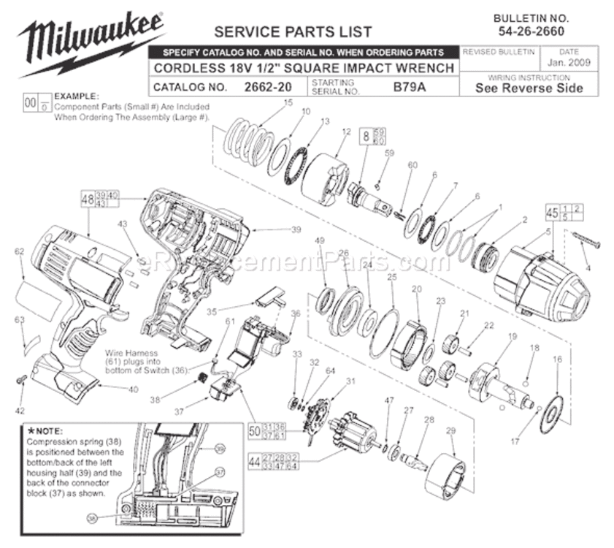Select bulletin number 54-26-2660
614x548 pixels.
[x=531, y=31]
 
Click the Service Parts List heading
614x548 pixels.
[x=292, y=31]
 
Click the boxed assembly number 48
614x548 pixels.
[x=88, y=198]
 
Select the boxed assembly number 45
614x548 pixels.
[x=551, y=212]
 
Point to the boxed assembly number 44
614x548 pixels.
[x=254, y=461]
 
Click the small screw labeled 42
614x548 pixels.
[x=21, y=378]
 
